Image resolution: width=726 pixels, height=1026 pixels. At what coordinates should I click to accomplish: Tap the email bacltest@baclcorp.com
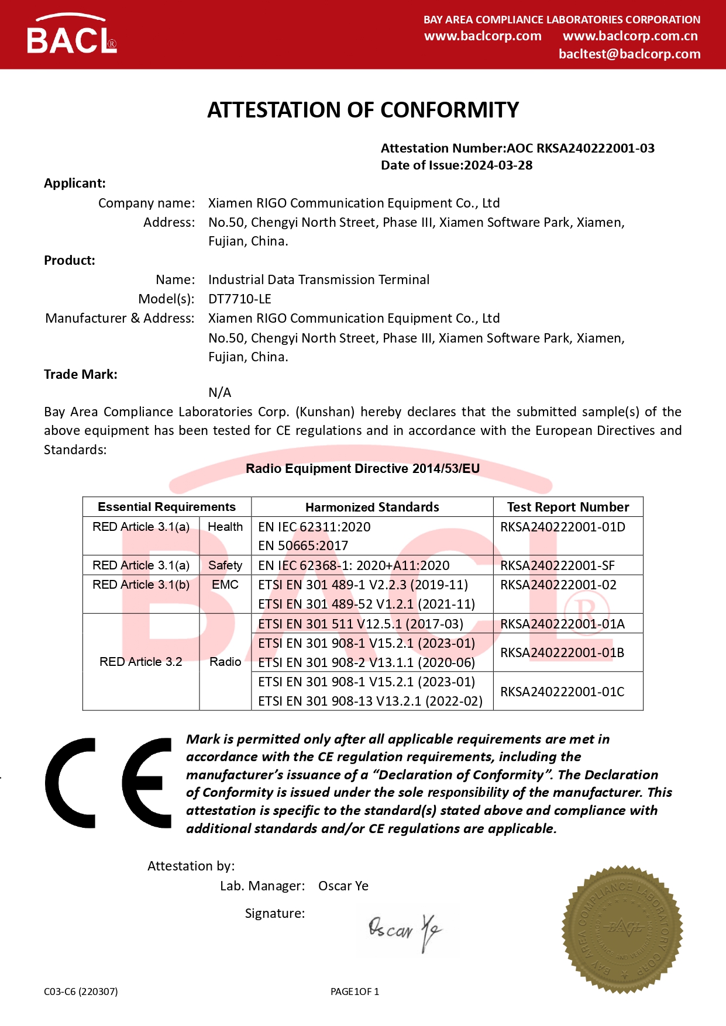click(x=629, y=54)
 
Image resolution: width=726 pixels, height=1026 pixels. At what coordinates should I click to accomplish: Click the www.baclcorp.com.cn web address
click(x=630, y=36)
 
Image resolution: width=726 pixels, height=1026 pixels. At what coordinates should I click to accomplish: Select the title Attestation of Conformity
click(x=363, y=110)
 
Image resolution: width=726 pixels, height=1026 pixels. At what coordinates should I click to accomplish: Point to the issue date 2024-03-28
click(x=498, y=165)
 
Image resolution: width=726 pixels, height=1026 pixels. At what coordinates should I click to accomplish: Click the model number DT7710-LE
click(x=240, y=299)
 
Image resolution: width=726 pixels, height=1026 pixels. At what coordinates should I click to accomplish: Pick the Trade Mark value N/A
click(x=220, y=392)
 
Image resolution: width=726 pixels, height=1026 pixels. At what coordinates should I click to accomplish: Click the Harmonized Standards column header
click(x=372, y=507)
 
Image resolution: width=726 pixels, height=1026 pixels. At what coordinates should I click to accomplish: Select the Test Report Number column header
click(x=567, y=507)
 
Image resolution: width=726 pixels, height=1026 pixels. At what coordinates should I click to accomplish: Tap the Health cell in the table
click(x=225, y=527)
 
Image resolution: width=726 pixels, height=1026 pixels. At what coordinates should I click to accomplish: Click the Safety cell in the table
click(x=225, y=565)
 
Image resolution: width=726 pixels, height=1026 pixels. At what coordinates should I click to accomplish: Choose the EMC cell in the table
click(x=225, y=585)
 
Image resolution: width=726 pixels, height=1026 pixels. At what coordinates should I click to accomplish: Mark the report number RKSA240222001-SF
click(x=558, y=565)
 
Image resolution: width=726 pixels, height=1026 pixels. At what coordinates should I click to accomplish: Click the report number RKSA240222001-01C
click(x=562, y=692)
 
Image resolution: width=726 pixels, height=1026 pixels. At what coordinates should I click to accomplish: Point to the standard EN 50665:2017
click(x=303, y=546)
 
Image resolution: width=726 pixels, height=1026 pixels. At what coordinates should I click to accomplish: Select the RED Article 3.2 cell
click(x=141, y=662)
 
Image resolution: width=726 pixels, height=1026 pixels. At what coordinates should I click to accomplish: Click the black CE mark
click(x=108, y=783)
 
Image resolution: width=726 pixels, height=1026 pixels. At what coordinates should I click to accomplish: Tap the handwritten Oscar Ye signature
click(x=405, y=930)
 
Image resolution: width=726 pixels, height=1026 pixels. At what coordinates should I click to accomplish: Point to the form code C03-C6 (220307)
click(x=81, y=992)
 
